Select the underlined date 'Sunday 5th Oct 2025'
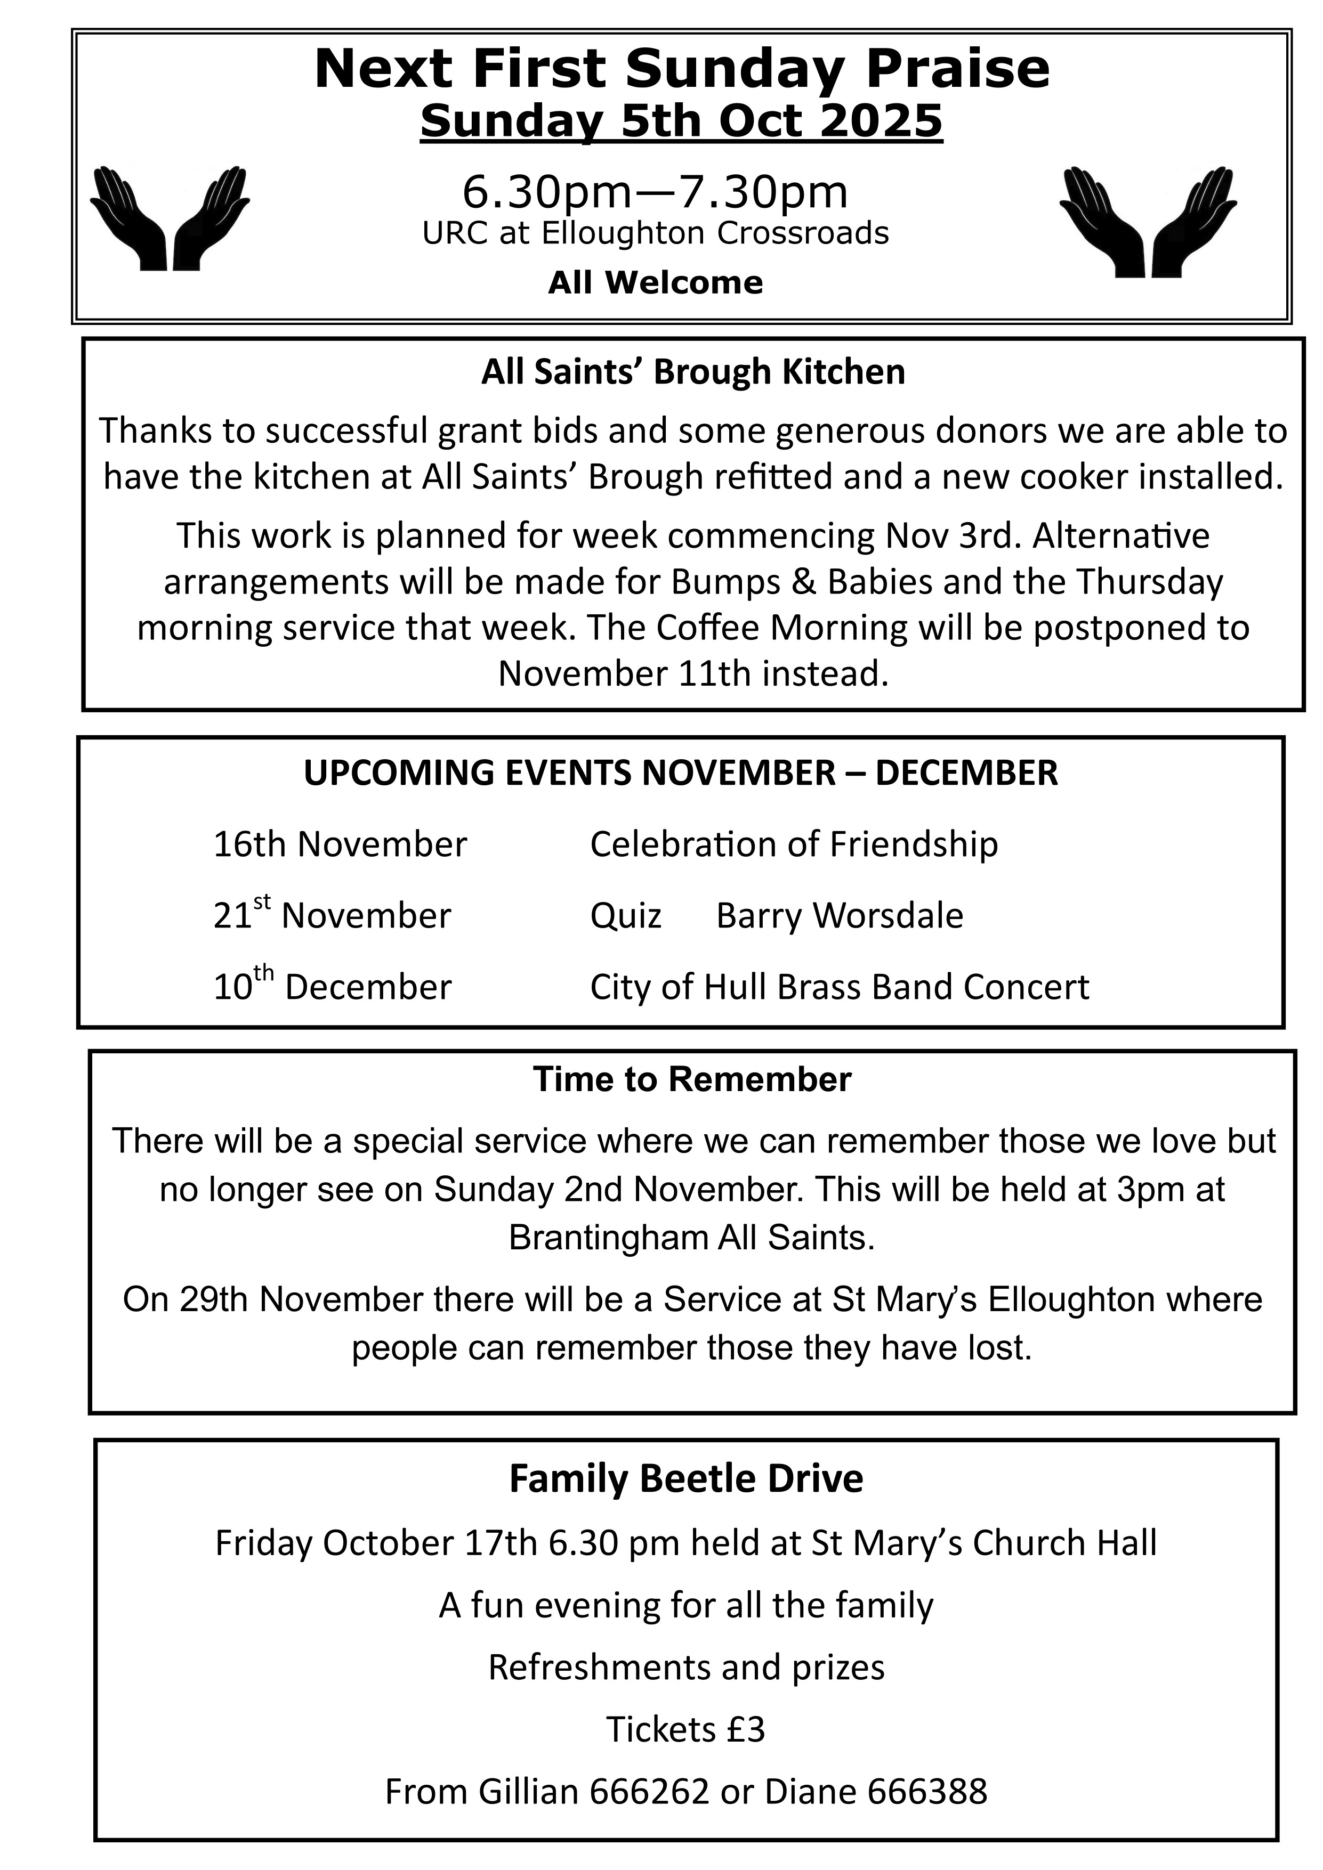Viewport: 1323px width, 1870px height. tap(681, 121)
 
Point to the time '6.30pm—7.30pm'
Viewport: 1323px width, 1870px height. tap(655, 192)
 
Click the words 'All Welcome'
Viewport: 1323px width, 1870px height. tap(655, 282)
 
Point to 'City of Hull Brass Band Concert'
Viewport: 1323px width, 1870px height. tap(839, 987)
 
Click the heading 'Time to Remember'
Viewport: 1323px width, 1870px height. tap(692, 1080)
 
